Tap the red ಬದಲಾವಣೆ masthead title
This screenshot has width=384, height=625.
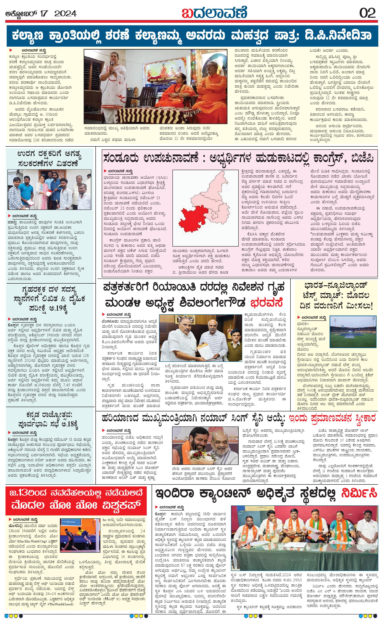[x=214, y=13]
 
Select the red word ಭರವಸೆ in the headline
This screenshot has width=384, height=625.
[x=266, y=303]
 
